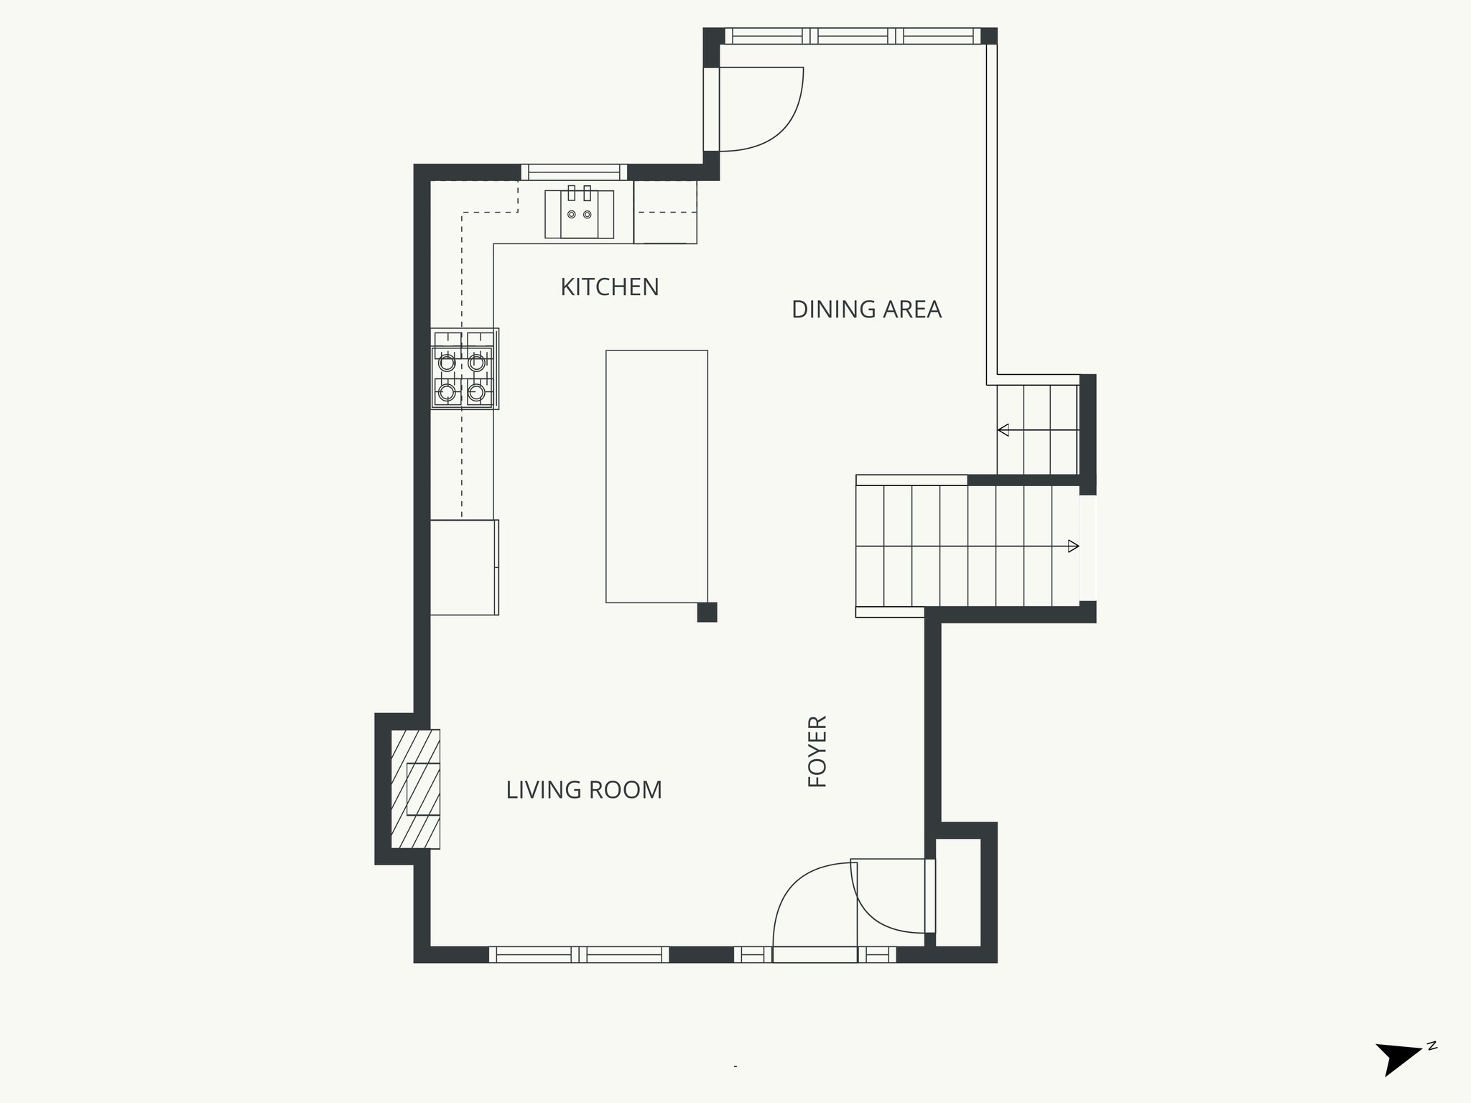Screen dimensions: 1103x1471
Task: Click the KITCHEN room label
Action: click(x=609, y=287)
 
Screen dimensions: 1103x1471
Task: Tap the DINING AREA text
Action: click(x=866, y=310)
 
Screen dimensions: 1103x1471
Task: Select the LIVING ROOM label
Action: click(x=584, y=790)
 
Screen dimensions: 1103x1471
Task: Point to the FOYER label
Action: click(x=818, y=751)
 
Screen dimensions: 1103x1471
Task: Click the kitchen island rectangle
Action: click(x=656, y=476)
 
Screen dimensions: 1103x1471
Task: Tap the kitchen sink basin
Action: click(x=579, y=214)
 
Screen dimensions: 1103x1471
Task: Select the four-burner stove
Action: click(x=465, y=369)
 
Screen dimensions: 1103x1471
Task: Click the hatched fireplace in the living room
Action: click(x=415, y=788)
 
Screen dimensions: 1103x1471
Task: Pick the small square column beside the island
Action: click(x=707, y=612)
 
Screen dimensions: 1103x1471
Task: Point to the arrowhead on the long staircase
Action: click(x=1073, y=546)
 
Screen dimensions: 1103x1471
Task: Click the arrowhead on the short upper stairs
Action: click(x=1003, y=430)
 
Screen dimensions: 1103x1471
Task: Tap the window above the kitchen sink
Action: click(x=574, y=172)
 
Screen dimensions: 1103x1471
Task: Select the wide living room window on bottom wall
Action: click(x=579, y=954)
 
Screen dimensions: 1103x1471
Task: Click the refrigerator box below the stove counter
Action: click(x=464, y=567)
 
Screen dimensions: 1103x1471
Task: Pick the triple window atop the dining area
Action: click(x=853, y=36)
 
